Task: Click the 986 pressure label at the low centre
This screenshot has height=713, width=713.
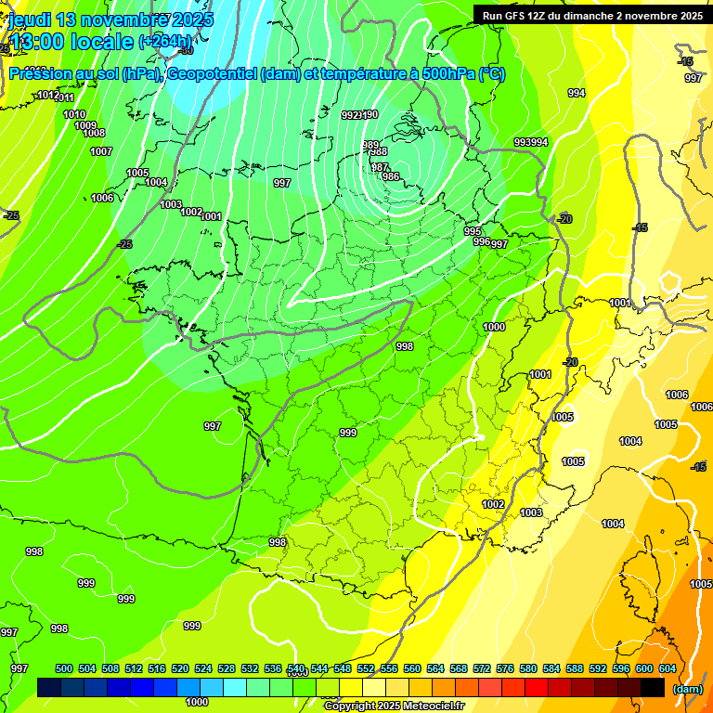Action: click(391, 176)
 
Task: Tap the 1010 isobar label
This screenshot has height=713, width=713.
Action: click(74, 114)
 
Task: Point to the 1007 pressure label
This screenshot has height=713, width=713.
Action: click(101, 151)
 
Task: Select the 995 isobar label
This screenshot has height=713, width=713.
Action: click(473, 231)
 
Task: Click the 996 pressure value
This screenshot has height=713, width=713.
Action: click(482, 241)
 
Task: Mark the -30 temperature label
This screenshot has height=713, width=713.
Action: click(187, 50)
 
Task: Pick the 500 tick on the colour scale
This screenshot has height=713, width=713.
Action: click(64, 668)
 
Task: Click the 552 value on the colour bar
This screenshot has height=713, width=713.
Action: click(366, 668)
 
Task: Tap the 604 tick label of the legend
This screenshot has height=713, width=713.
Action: click(668, 668)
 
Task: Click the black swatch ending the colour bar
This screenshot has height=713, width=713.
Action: click(653, 687)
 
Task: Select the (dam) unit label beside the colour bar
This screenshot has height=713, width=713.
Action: click(687, 689)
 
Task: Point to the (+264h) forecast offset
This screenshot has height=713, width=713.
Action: click(166, 42)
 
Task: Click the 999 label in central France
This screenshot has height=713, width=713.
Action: click(348, 433)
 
